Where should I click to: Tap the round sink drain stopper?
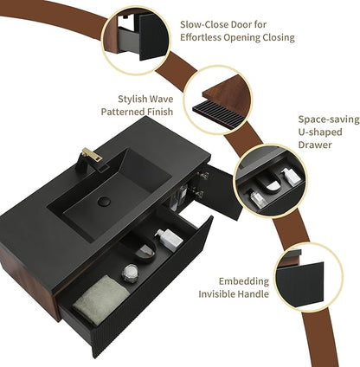click(104, 202)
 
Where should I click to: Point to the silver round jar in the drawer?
click(130, 272)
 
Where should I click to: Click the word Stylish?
click(132, 99)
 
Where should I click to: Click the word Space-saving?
click(329, 119)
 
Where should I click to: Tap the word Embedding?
click(244, 281)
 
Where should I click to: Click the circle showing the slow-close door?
click(136, 41)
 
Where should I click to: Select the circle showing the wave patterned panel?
click(218, 100)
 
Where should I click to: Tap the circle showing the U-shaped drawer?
click(270, 180)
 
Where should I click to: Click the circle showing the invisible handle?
click(308, 277)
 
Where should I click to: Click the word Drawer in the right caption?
click(314, 145)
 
